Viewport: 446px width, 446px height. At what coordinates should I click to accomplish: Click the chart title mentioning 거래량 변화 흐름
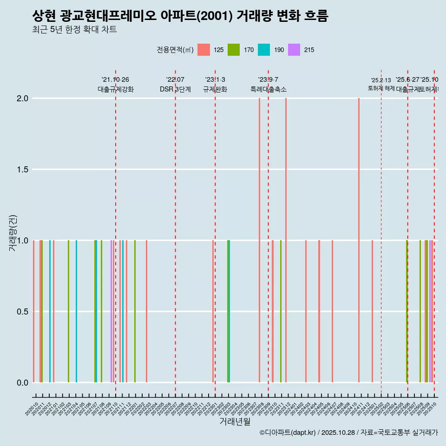(x=180, y=16)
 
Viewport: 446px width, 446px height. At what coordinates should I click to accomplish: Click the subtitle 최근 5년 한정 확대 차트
(x=74, y=30)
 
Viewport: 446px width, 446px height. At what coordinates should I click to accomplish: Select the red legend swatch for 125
(x=203, y=50)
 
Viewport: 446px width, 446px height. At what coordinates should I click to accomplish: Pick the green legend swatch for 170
(x=234, y=50)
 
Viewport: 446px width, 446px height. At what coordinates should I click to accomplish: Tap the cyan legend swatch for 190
(x=264, y=50)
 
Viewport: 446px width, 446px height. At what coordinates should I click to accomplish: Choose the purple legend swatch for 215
(x=294, y=50)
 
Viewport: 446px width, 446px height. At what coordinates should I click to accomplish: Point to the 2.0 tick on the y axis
(x=23, y=98)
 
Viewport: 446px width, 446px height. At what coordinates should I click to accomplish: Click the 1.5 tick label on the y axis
(x=23, y=170)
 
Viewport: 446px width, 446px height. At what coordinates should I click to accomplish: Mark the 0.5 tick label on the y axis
(x=23, y=312)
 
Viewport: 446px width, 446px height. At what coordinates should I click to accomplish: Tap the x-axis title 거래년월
(x=235, y=422)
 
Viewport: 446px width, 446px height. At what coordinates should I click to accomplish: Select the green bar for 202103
(x=68, y=311)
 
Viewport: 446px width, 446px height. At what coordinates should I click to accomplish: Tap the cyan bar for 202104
(x=76, y=311)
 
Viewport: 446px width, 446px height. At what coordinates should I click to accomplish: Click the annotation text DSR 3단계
(x=175, y=89)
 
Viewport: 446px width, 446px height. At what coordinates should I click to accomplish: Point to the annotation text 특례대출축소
(x=268, y=89)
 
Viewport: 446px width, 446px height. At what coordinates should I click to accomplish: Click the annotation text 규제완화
(x=215, y=89)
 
